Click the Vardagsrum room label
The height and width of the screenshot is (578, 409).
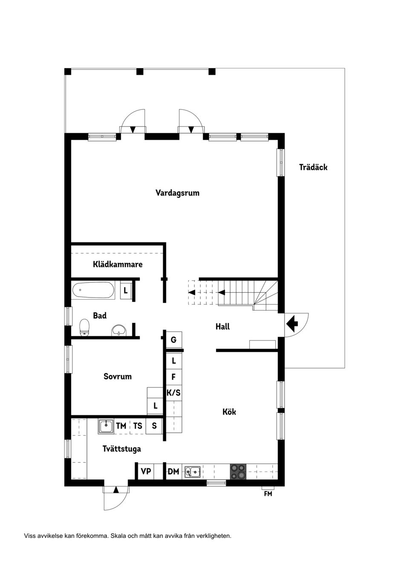(177, 193)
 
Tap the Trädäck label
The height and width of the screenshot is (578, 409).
(313, 167)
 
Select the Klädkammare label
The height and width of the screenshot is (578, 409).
(118, 264)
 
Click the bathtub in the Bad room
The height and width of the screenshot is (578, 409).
(93, 291)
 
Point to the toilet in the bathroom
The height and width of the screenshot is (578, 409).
(85, 327)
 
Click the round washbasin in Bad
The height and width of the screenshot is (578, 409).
(119, 330)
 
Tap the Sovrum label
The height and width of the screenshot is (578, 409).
(118, 376)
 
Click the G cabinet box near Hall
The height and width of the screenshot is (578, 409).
(173, 340)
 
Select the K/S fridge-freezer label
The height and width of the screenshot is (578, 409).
(173, 392)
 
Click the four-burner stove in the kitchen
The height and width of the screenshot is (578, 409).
(238, 471)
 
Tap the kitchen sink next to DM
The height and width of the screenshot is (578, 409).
(193, 471)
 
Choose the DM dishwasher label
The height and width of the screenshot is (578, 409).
(173, 471)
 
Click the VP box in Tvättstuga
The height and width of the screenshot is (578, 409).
(146, 471)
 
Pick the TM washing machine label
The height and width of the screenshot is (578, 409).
(121, 426)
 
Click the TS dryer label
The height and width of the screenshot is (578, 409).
(138, 426)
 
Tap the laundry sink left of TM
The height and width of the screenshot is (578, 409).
(106, 426)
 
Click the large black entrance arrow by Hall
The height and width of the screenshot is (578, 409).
(292, 324)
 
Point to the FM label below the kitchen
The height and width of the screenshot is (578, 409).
(268, 494)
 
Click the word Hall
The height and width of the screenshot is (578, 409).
(222, 326)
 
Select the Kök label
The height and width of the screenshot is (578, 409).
(229, 412)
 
